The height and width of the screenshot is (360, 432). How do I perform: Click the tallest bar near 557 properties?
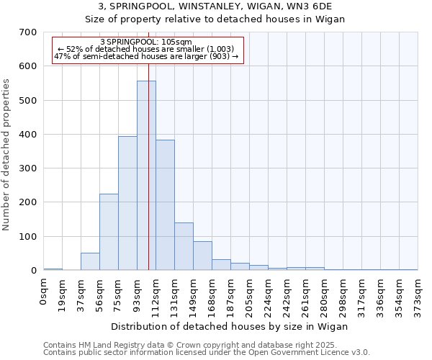[146, 176]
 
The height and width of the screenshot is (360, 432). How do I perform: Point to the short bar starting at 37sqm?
[90, 261]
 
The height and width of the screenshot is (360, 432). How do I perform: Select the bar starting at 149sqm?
[202, 256]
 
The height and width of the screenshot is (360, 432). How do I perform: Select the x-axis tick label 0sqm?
[43, 292]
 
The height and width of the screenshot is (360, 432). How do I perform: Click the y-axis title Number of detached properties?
[6, 156]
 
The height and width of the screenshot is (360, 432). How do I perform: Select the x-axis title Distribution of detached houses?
[230, 326]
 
